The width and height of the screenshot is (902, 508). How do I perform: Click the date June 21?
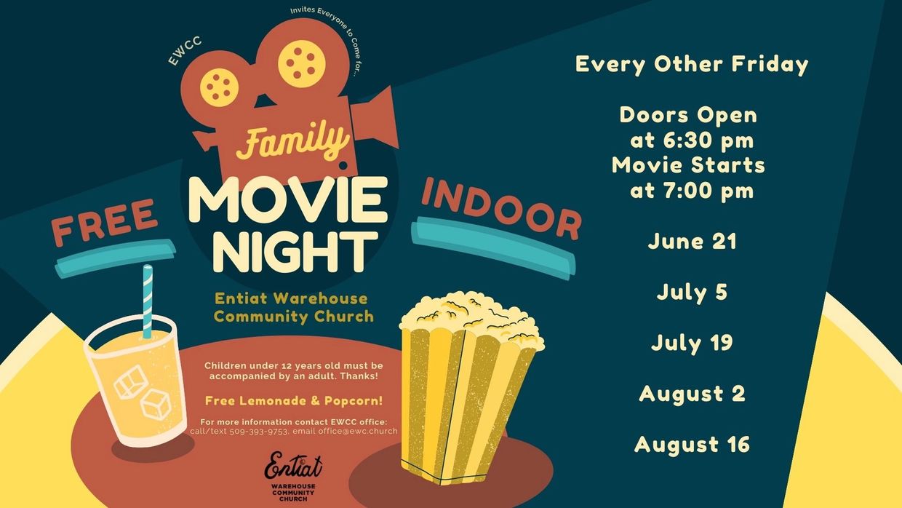tap(692, 242)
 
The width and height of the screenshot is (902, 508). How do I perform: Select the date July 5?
tap(692, 293)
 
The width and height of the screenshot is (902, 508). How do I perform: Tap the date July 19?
tap(692, 344)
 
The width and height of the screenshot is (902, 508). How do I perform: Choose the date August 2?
tap(692, 394)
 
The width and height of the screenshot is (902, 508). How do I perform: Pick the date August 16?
tap(692, 445)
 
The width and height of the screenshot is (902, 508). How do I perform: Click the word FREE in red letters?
tap(104, 222)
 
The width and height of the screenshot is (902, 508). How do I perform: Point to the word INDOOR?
tap(502, 209)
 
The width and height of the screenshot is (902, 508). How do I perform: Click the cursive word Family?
tap(292, 142)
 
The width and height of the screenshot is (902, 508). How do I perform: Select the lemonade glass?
tap(136, 381)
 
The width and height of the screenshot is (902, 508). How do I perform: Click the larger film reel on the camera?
tap(302, 63)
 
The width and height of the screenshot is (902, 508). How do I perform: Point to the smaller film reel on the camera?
tap(219, 87)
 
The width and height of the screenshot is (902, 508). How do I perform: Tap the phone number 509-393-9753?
tap(258, 432)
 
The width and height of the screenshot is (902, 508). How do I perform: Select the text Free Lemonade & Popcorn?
tap(294, 401)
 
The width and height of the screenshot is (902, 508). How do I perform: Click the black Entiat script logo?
tap(293, 465)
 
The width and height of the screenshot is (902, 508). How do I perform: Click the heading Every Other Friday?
tap(692, 65)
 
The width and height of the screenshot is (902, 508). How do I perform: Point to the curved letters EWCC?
tap(185, 51)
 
